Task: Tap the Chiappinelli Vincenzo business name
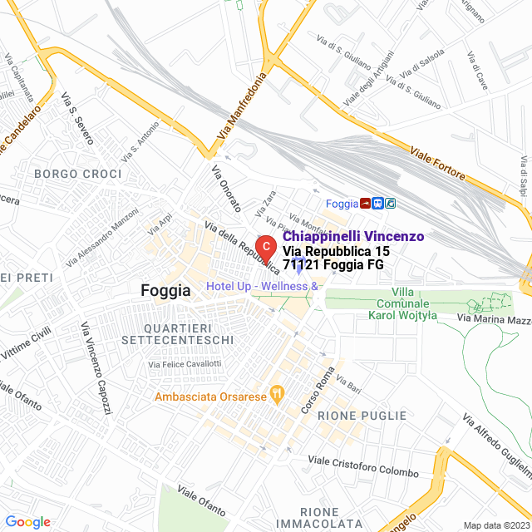click(354, 237)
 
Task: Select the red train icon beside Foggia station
click(365, 203)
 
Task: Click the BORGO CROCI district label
click(78, 174)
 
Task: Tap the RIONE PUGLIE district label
click(363, 416)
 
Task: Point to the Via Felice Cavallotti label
click(185, 364)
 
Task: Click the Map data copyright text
click(495, 525)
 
